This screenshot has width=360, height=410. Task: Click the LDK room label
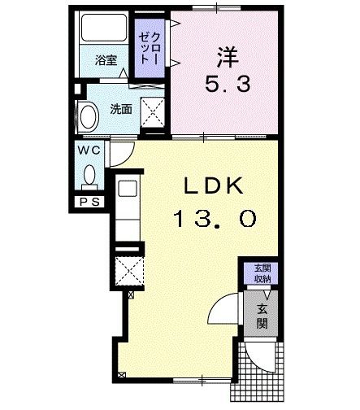point(214,185)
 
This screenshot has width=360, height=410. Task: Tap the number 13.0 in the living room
point(215,219)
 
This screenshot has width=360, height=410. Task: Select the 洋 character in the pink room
point(228,57)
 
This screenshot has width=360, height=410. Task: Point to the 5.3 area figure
point(228,84)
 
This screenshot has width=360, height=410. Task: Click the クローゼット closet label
point(150,48)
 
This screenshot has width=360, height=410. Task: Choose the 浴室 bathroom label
point(106,60)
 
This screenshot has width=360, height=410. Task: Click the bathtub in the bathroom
point(104,28)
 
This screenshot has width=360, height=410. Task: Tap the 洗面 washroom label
point(121,109)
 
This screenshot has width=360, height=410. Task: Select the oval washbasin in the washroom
point(89,117)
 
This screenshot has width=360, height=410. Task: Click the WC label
point(89,150)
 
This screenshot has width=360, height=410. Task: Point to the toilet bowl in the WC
point(89,177)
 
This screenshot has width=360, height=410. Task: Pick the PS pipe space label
point(90,202)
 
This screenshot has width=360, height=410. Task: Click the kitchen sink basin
point(128,189)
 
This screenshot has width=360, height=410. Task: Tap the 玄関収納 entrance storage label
point(262,273)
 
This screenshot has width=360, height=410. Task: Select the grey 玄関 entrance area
point(261,314)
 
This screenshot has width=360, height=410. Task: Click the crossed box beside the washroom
point(153,112)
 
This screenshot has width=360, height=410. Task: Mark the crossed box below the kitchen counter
point(129,271)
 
